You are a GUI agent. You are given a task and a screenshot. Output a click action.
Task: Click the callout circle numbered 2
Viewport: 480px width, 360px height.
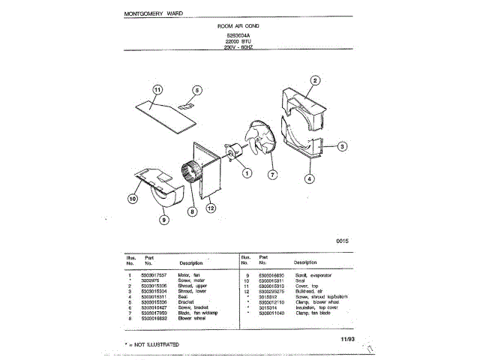click(x=316, y=80)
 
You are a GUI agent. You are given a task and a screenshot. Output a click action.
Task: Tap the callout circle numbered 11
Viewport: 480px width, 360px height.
click(x=157, y=90)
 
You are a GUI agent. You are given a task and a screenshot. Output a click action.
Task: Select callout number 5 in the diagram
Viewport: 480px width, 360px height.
click(x=196, y=90)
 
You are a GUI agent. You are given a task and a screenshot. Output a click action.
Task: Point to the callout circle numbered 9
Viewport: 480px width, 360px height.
click(x=164, y=219)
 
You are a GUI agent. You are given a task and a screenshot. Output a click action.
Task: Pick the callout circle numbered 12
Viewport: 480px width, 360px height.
click(x=211, y=208)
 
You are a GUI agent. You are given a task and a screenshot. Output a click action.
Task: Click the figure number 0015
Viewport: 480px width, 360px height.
click(x=343, y=241)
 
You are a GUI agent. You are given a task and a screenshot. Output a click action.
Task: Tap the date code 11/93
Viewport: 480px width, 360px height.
click(x=346, y=339)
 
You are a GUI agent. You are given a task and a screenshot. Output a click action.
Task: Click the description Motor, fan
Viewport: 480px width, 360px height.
click(x=190, y=277)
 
